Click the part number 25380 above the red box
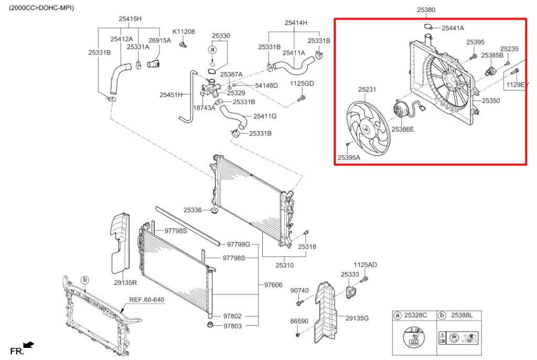tap(426, 9)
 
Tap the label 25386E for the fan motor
tap(402, 129)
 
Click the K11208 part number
tap(184, 32)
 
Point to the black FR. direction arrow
tap(29, 344)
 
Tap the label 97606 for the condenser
tap(273, 284)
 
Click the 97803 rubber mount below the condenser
tap(210, 326)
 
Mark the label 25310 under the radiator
tap(285, 266)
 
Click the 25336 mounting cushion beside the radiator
tap(214, 211)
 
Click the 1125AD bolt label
tap(365, 265)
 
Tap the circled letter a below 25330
tap(212, 49)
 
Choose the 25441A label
tap(453, 28)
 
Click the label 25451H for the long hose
tap(171, 95)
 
